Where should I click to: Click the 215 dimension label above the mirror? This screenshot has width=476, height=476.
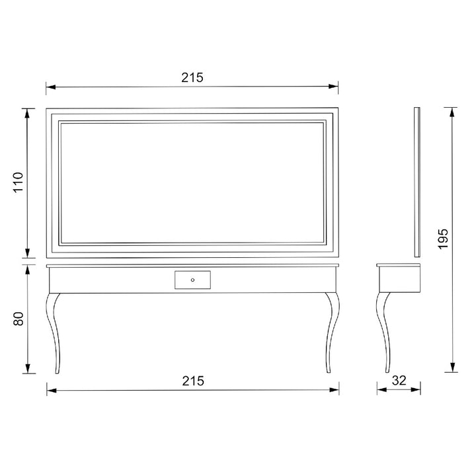point(192,77)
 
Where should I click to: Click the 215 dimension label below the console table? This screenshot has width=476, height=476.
point(193,381)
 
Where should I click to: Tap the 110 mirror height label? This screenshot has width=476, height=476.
point(19,182)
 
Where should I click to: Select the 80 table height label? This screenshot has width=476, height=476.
point(19,319)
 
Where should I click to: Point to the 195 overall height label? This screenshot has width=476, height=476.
point(443,239)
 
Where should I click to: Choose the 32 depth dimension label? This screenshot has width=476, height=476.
point(399,380)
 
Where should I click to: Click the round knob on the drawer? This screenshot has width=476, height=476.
point(192,280)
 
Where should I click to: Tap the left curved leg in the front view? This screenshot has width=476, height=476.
point(54,333)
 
